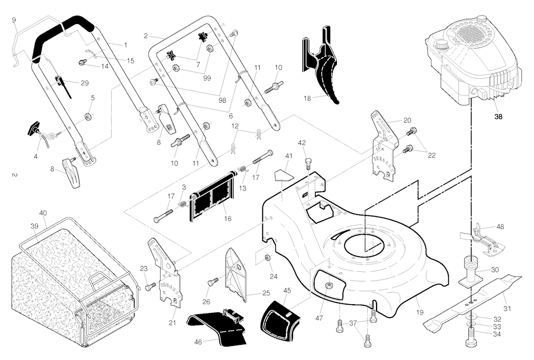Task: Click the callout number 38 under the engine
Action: pyautogui.click(x=499, y=117)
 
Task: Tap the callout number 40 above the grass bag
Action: pyautogui.click(x=43, y=213)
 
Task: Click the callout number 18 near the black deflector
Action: pyautogui.click(x=307, y=98)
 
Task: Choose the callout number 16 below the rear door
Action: pyautogui.click(x=227, y=218)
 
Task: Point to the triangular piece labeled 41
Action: pyautogui.click(x=283, y=173)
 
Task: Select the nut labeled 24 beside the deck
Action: pyautogui.click(x=267, y=258)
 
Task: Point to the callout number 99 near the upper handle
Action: pyautogui.click(x=207, y=78)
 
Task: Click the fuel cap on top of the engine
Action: pyautogui.click(x=481, y=18)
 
